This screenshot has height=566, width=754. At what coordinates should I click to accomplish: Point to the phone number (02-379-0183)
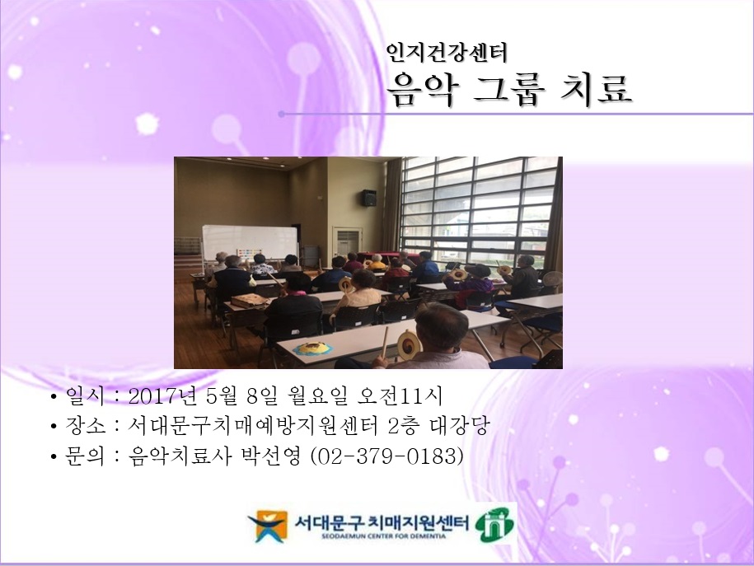(385, 456)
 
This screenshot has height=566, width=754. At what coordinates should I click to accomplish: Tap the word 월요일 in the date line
(311, 396)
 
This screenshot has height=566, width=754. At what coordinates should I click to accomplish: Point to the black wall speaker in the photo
(369, 198)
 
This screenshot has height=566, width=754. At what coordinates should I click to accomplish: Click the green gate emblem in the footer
(494, 526)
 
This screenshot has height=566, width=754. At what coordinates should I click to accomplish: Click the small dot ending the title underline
(282, 114)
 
